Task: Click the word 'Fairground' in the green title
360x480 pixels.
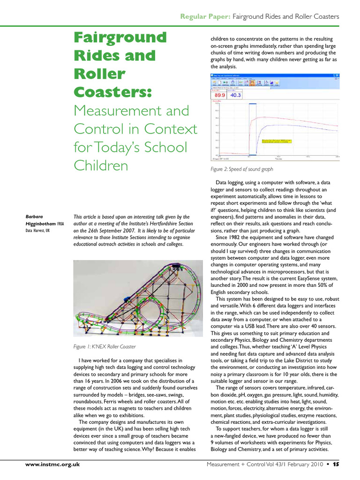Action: pos(120,37)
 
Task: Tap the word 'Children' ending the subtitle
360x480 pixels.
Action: pos(101,165)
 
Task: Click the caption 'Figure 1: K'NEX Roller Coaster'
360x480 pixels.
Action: pos(104,347)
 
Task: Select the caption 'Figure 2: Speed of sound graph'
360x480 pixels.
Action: pos(242,169)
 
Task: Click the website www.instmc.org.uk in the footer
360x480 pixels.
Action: pos(52,464)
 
